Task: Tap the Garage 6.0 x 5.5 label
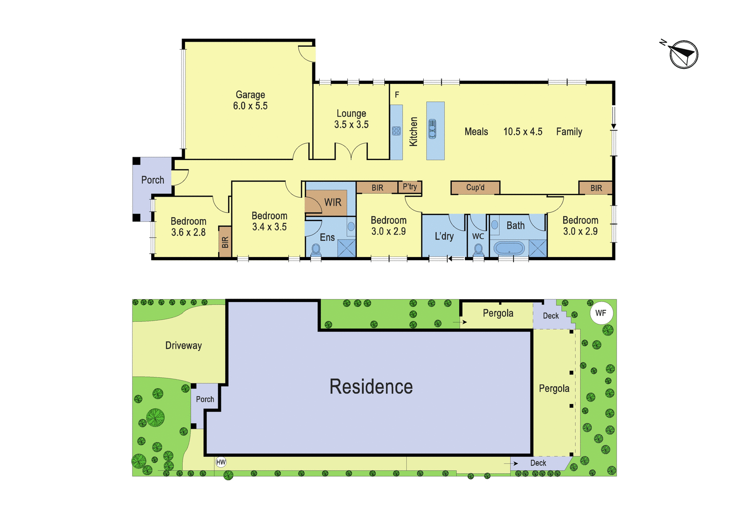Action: click(x=250, y=100)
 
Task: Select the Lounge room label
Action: click(x=351, y=113)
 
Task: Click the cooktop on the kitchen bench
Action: click(x=396, y=131)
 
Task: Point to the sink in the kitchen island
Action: click(x=433, y=129)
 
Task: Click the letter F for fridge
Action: click(x=397, y=95)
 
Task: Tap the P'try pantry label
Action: click(x=410, y=187)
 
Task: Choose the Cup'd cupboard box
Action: click(x=475, y=188)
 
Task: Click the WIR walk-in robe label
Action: click(x=333, y=202)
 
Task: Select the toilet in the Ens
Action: click(x=316, y=250)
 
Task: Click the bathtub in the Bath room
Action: click(x=509, y=249)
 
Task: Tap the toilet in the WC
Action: click(x=478, y=249)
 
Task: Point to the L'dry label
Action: click(x=444, y=236)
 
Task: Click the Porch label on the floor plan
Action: click(x=153, y=180)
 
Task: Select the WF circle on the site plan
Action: click(x=601, y=313)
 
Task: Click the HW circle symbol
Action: click(x=220, y=462)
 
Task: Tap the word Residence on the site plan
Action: click(x=371, y=387)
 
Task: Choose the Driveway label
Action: click(x=184, y=345)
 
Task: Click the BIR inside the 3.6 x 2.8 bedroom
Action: click(x=225, y=242)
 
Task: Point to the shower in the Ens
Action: click(x=346, y=248)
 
